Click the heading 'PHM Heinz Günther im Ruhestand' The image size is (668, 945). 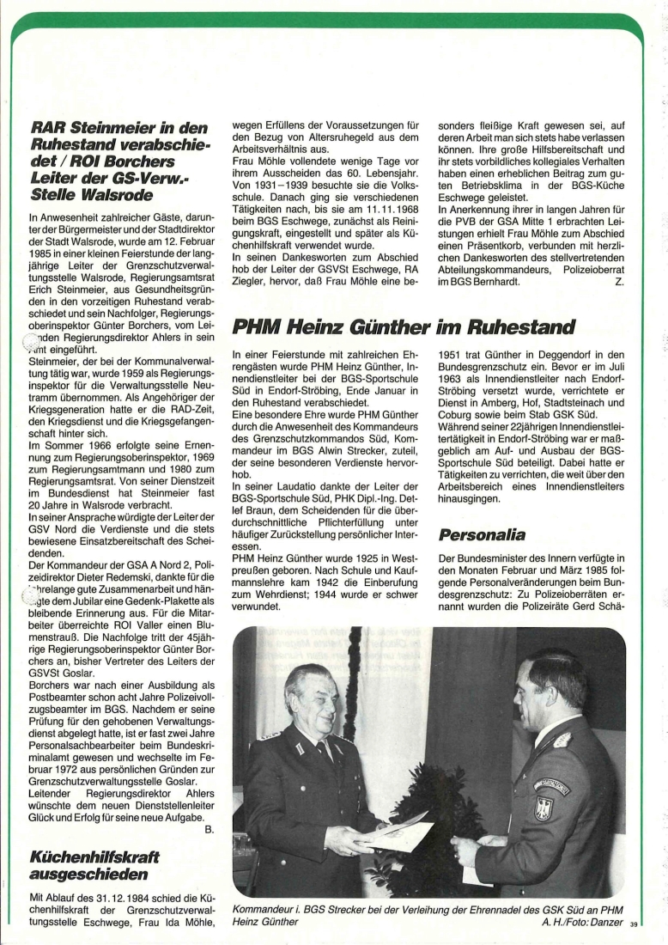pyautogui.click(x=403, y=327)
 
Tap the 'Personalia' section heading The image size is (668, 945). pyautogui.click(x=481, y=534)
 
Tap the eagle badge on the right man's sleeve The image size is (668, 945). pyautogui.click(x=542, y=808)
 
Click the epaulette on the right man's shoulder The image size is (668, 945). pyautogui.click(x=562, y=739)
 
